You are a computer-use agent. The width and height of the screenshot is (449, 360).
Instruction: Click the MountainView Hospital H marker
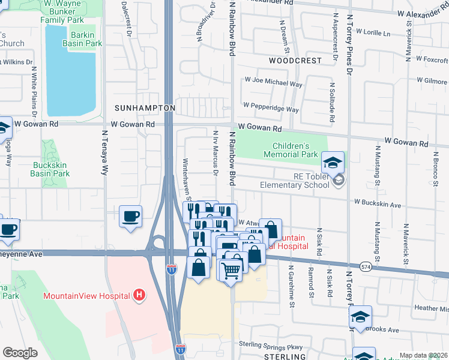139,295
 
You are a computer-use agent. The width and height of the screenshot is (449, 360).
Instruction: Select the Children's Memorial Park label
295,150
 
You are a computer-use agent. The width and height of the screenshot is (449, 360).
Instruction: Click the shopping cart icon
231,271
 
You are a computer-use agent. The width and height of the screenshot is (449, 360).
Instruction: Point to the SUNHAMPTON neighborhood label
145,107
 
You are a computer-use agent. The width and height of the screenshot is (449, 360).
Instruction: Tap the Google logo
20,353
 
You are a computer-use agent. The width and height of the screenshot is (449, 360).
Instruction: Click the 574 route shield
366,265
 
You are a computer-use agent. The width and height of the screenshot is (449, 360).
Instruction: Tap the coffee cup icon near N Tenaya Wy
130,217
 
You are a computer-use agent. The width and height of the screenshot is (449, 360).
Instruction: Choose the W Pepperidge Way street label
271,110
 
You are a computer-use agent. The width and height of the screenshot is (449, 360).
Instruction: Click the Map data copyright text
423,355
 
